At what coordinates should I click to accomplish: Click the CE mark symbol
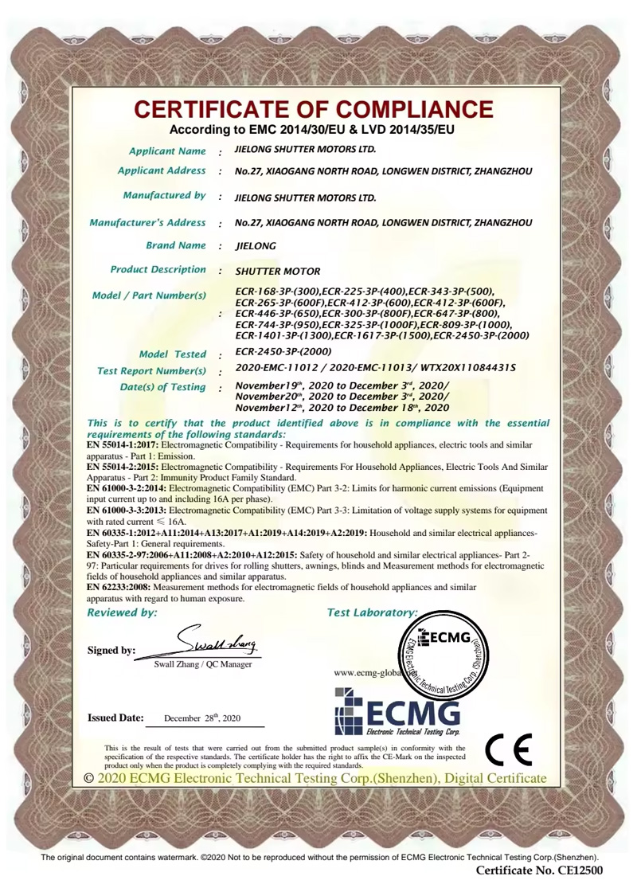click(508, 749)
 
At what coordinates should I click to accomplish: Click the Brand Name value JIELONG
click(256, 246)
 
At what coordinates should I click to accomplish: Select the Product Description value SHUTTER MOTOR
click(278, 272)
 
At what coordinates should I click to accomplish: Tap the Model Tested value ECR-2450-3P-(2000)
click(283, 351)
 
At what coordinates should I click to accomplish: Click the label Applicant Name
click(167, 151)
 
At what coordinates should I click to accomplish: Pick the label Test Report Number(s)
click(151, 370)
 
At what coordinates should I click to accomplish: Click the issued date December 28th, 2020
click(201, 718)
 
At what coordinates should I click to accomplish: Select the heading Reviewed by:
click(122, 612)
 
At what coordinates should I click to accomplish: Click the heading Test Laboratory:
click(373, 612)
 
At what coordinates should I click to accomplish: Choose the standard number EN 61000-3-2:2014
click(126, 487)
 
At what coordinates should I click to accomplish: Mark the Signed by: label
click(111, 650)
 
